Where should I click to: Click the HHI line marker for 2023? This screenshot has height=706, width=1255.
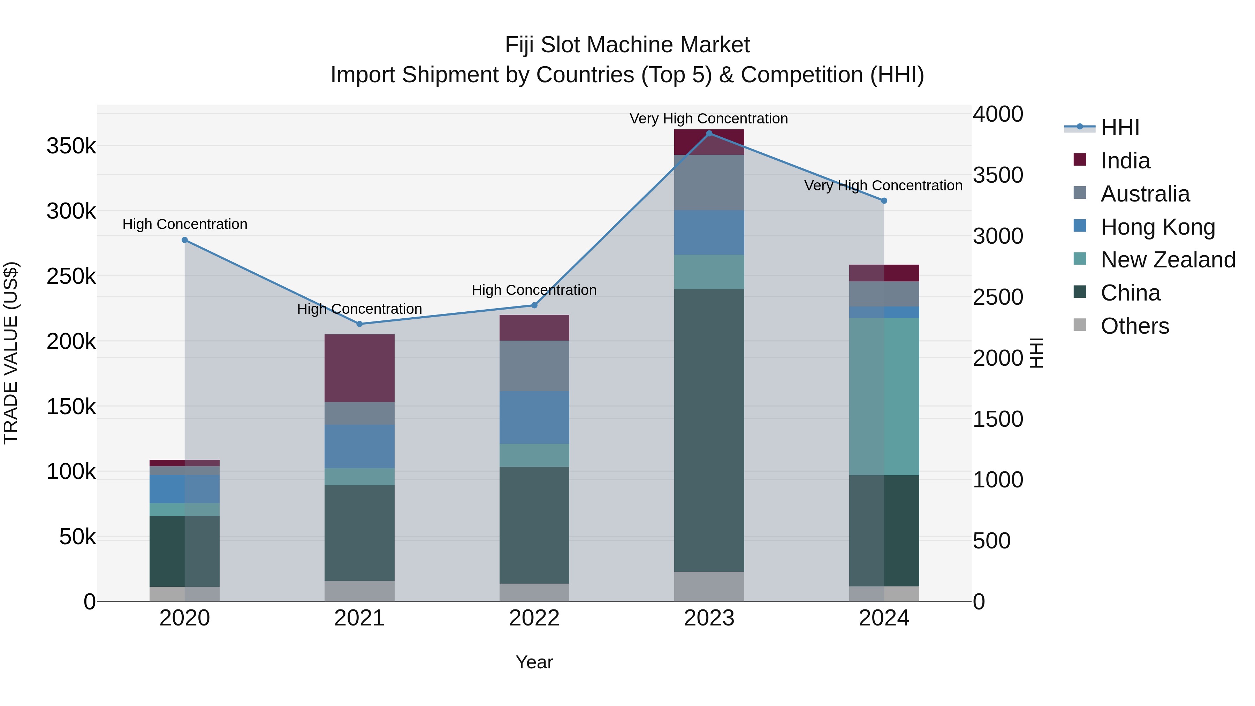(x=709, y=133)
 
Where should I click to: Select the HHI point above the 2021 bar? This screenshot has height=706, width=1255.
(x=359, y=324)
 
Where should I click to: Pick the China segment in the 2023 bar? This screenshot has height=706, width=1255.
(x=709, y=430)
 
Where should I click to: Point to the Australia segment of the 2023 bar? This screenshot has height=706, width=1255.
(x=709, y=182)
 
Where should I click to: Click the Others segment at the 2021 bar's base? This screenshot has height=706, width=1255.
(x=359, y=591)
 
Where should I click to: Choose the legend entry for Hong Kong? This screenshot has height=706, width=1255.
(x=1157, y=227)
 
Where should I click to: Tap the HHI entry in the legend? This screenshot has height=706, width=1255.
(x=1119, y=128)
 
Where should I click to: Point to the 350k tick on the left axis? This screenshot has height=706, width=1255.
(x=71, y=146)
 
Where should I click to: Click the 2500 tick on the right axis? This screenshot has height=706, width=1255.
(x=998, y=297)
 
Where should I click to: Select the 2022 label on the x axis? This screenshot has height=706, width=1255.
(x=534, y=618)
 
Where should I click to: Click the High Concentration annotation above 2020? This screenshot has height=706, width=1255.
(x=185, y=224)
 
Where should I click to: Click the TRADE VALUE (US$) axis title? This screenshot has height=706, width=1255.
(x=11, y=353)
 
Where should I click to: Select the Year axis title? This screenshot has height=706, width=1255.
(x=534, y=662)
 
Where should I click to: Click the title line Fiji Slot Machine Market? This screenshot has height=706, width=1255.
(x=627, y=45)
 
